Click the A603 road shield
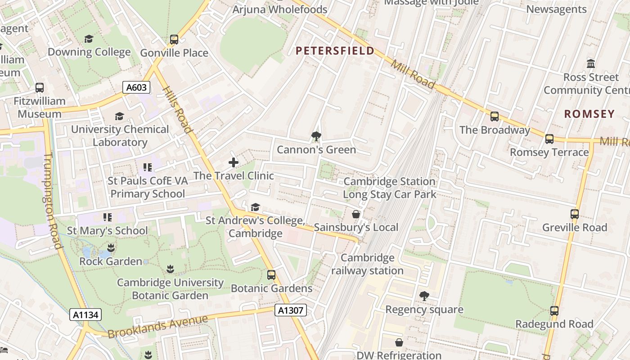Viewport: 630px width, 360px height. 136,87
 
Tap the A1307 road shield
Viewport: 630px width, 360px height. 291,310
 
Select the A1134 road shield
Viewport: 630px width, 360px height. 85,315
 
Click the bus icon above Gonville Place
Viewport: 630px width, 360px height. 174,40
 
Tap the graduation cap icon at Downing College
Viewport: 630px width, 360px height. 89,39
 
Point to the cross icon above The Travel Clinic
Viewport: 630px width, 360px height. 234,162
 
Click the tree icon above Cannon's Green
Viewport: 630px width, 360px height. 316,136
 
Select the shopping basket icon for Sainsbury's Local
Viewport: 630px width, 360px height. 356,214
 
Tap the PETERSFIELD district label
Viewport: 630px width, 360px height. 335,50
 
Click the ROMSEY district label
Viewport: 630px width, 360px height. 589,114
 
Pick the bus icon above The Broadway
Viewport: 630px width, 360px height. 495,117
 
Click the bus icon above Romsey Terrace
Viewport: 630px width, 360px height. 549,139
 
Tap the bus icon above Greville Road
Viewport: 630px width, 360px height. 575,214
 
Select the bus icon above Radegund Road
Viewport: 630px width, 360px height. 554,310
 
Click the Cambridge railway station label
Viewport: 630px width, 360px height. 367,264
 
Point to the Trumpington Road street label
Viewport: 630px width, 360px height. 53,200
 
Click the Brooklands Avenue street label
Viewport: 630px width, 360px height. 157,326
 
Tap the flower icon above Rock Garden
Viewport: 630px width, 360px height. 111,248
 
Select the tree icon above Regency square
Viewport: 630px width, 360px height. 424,296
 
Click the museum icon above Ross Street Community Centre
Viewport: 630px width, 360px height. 591,63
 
